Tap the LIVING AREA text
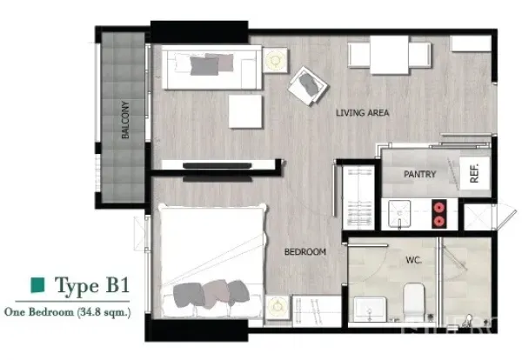coord(362,112)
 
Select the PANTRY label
coord(419,175)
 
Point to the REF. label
coord(474,174)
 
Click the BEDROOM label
coord(304,252)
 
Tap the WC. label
coord(413,258)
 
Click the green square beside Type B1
coord(37,285)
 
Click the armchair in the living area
coord(309,84)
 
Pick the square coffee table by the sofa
coord(245,111)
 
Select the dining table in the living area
coord(389,55)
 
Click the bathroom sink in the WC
coord(370,308)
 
